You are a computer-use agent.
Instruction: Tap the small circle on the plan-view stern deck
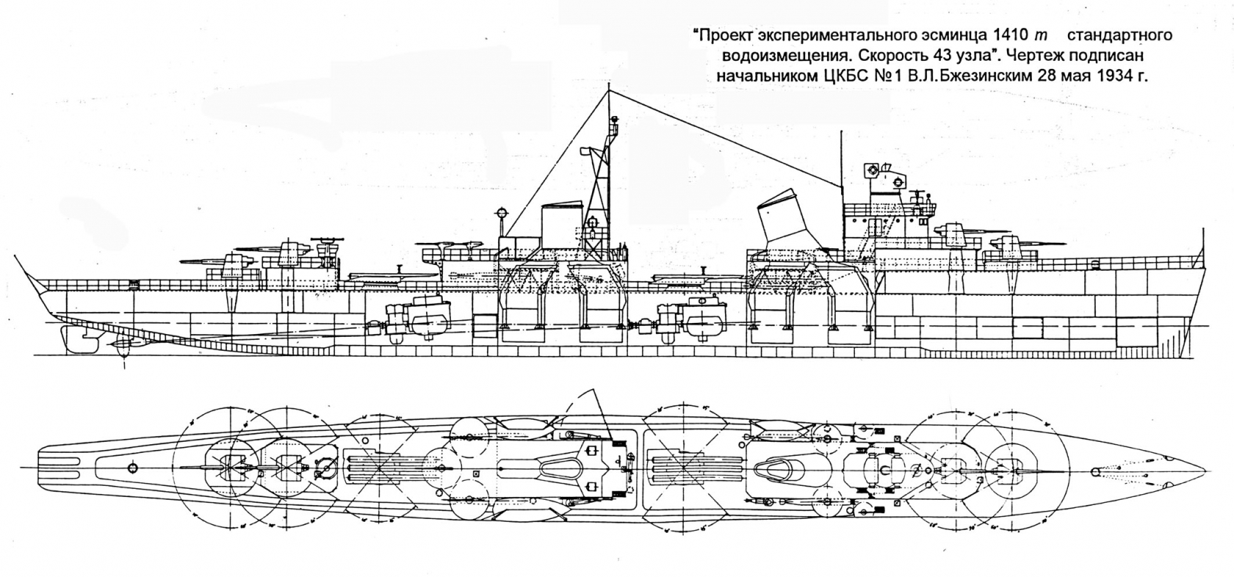click(132, 468)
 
